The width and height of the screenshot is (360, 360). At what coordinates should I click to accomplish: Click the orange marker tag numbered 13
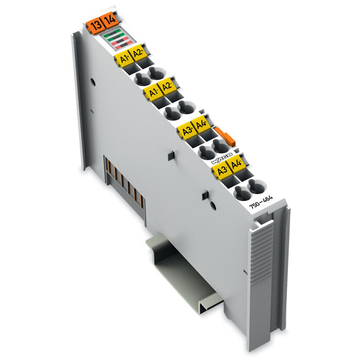tap(95, 24)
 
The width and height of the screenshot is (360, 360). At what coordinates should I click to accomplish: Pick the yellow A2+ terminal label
tap(137, 53)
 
